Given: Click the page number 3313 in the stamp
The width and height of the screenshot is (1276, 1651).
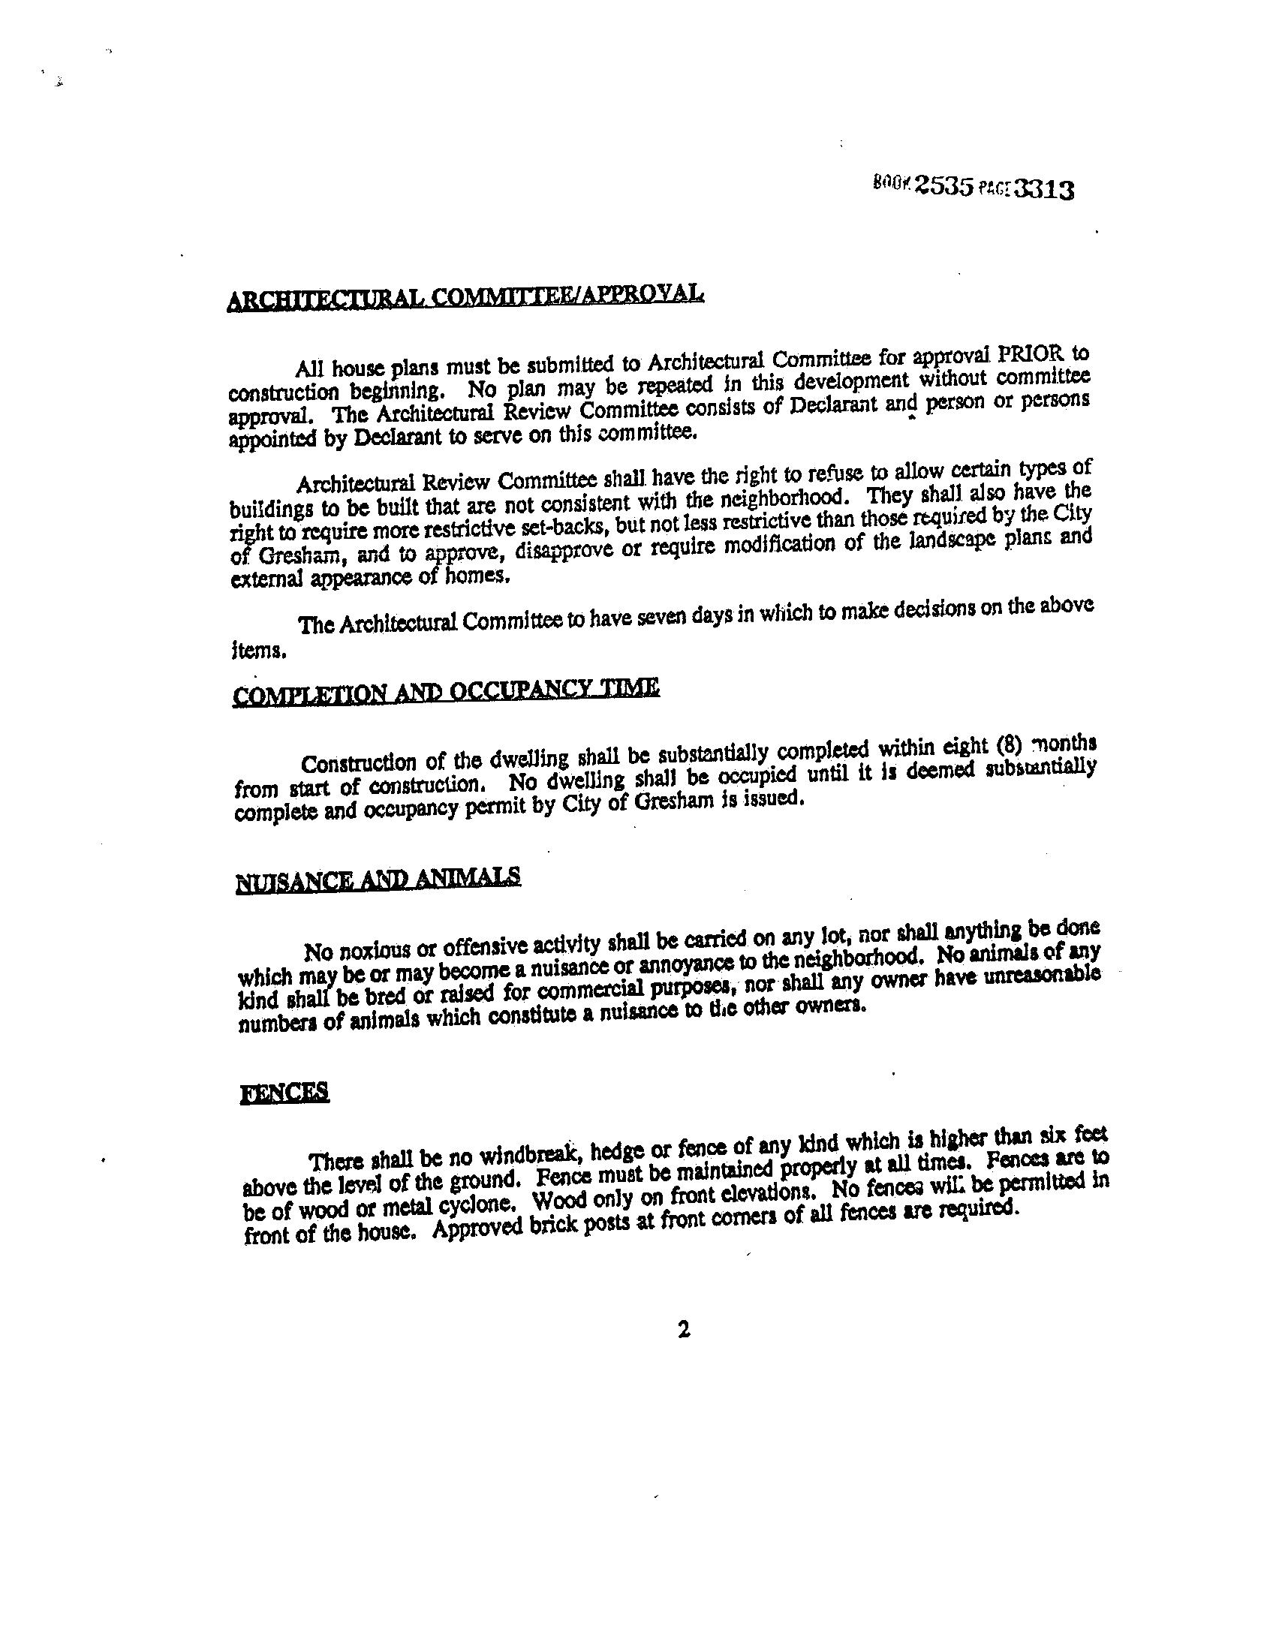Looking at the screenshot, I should [1043, 189].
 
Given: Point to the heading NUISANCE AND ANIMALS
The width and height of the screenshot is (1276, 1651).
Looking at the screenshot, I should [379, 880].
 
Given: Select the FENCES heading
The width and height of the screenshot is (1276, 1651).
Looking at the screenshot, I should [284, 1093].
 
